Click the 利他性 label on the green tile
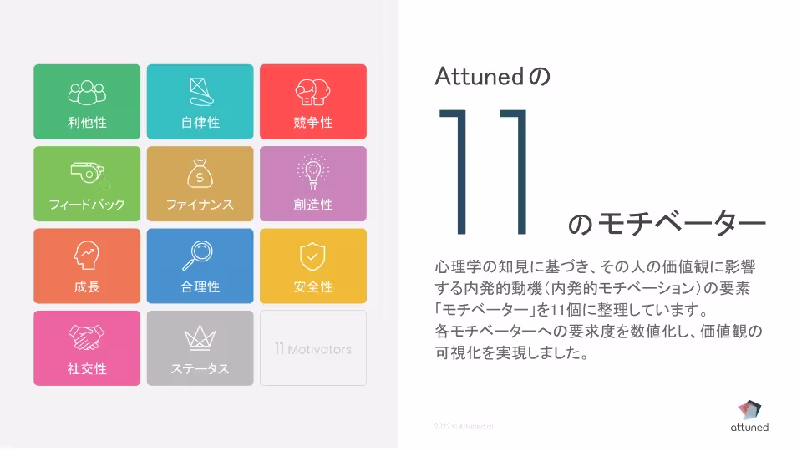87,123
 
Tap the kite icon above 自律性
200,89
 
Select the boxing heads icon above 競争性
313,90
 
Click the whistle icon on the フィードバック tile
88,173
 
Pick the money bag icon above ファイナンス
200,173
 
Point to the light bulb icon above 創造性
313,172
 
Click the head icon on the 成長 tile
87,255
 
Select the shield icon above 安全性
313,256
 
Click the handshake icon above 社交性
87,337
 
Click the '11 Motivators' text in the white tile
313,349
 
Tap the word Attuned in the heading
478,77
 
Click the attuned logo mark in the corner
749,408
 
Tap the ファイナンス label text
200,205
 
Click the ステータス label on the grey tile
200,369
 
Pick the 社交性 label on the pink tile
87,369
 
